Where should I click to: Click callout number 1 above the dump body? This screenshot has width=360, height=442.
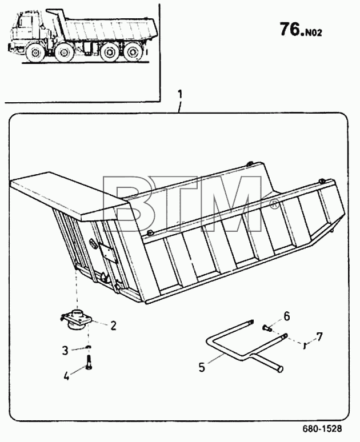(180, 94)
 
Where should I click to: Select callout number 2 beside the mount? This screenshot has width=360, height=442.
(113, 326)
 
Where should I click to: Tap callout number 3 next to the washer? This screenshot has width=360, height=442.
(65, 351)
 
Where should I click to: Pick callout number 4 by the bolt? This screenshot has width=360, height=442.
(66, 376)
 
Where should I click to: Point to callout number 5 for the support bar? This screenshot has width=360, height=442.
(202, 367)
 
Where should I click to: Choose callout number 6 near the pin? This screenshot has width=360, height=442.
(286, 316)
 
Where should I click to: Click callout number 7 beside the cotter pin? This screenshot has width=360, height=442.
(319, 336)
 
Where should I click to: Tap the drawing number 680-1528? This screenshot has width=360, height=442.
(322, 428)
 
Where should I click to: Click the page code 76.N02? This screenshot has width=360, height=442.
(301, 30)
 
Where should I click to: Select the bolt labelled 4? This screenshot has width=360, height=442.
(89, 362)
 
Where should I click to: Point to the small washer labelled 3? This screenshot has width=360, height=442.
(89, 347)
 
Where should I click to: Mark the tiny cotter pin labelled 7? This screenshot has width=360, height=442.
(305, 345)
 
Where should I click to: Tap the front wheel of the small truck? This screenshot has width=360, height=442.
(35, 53)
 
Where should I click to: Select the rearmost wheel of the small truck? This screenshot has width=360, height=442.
(132, 53)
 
